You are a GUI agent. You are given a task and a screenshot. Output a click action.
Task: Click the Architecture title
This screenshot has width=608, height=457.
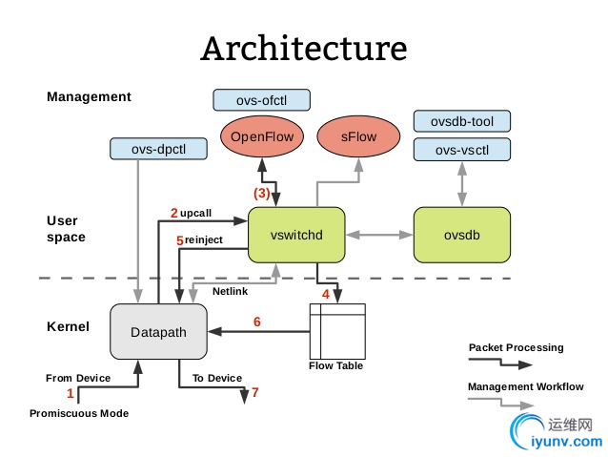tap(303, 48)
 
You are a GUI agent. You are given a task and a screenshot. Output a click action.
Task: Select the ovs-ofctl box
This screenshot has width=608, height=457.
tap(261, 99)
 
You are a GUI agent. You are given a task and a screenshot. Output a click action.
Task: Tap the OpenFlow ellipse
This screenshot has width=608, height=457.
tap(261, 136)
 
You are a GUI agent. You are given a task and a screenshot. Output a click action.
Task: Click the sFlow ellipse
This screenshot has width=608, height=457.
tap(360, 136)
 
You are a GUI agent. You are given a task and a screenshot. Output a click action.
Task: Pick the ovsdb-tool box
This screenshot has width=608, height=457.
tap(462, 121)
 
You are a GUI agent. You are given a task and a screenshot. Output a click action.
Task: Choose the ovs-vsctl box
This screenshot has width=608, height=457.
tap(462, 150)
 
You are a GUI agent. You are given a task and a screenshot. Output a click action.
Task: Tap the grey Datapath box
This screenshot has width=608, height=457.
tap(159, 332)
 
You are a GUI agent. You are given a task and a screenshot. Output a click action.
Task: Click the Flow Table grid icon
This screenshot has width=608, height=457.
tap(337, 330)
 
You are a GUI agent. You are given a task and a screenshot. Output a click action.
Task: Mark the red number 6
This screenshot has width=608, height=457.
tap(256, 322)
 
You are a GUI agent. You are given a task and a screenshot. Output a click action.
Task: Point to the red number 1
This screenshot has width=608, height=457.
tap(70, 392)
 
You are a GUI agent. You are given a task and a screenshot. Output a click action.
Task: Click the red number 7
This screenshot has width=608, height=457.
tap(254, 392)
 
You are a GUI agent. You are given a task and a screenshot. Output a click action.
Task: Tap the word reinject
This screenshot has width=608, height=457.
tap(204, 240)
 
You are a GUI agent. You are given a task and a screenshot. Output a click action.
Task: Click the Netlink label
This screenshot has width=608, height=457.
tap(231, 291)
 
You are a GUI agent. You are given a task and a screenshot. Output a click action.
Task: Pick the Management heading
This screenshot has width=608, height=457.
tap(89, 96)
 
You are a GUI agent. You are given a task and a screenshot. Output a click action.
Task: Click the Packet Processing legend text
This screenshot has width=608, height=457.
tap(516, 347)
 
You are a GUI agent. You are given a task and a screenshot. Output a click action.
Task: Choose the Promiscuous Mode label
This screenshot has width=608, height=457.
tap(79, 413)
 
